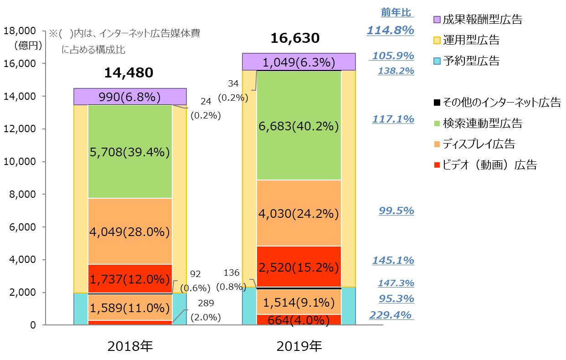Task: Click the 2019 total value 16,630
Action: pos(295,38)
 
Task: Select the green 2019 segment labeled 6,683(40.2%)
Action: pos(299,126)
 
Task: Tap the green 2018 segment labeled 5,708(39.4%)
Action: pos(130,152)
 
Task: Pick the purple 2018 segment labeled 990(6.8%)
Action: pos(130,97)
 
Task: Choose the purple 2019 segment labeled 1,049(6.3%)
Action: pos(299,62)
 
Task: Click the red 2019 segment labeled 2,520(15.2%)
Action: pos(299,267)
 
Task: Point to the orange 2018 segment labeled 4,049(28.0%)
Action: pos(130,232)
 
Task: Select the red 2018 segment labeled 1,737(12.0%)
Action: pos(130,279)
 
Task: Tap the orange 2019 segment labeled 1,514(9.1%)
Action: pos(299,302)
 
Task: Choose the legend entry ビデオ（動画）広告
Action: pos(486,165)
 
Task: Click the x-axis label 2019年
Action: pos(299,347)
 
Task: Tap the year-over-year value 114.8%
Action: pos(390,31)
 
